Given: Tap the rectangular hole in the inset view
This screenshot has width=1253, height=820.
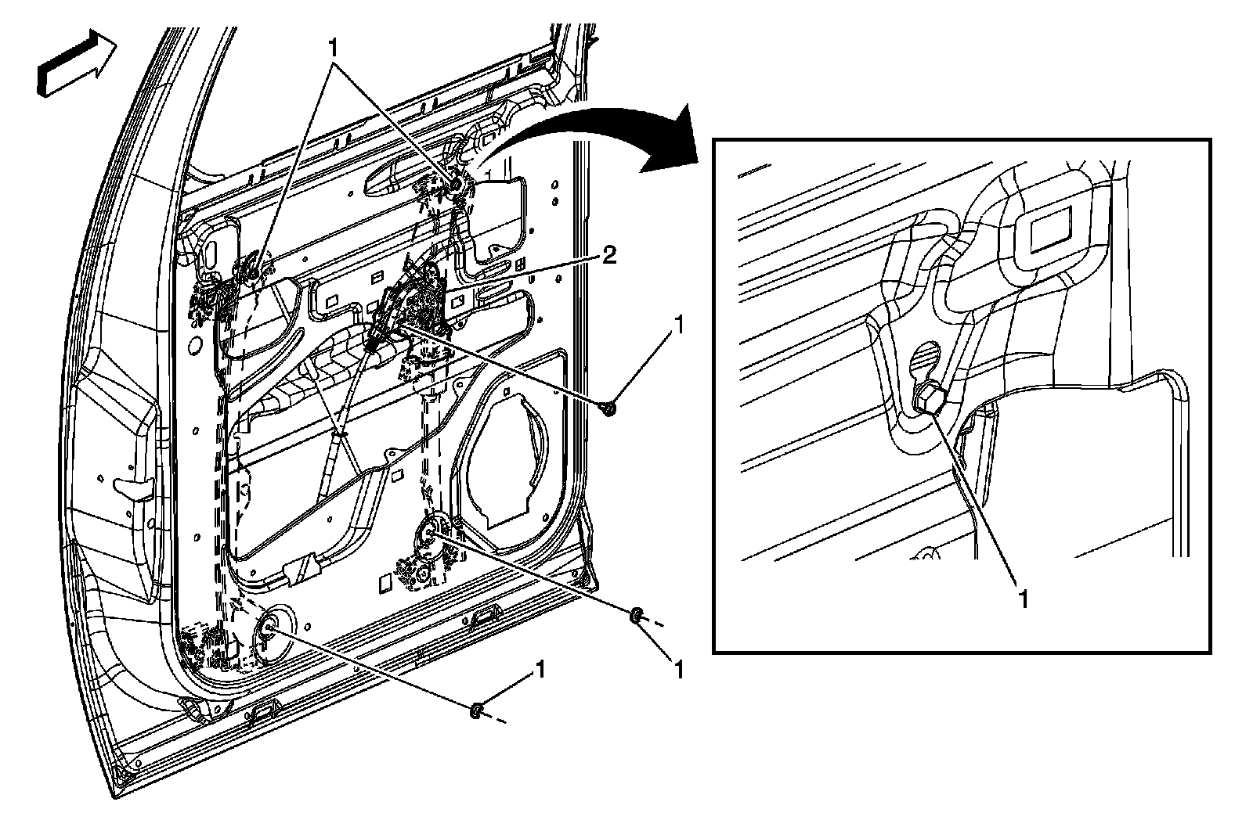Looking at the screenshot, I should [1054, 234].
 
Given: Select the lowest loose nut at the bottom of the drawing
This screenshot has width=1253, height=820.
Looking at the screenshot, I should [475, 710].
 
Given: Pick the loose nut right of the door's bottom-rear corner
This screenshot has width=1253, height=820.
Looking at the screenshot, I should [636, 616].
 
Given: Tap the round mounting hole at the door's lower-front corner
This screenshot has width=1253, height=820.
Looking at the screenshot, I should [269, 626].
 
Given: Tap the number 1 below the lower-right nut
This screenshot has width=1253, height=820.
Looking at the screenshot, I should [678, 670].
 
